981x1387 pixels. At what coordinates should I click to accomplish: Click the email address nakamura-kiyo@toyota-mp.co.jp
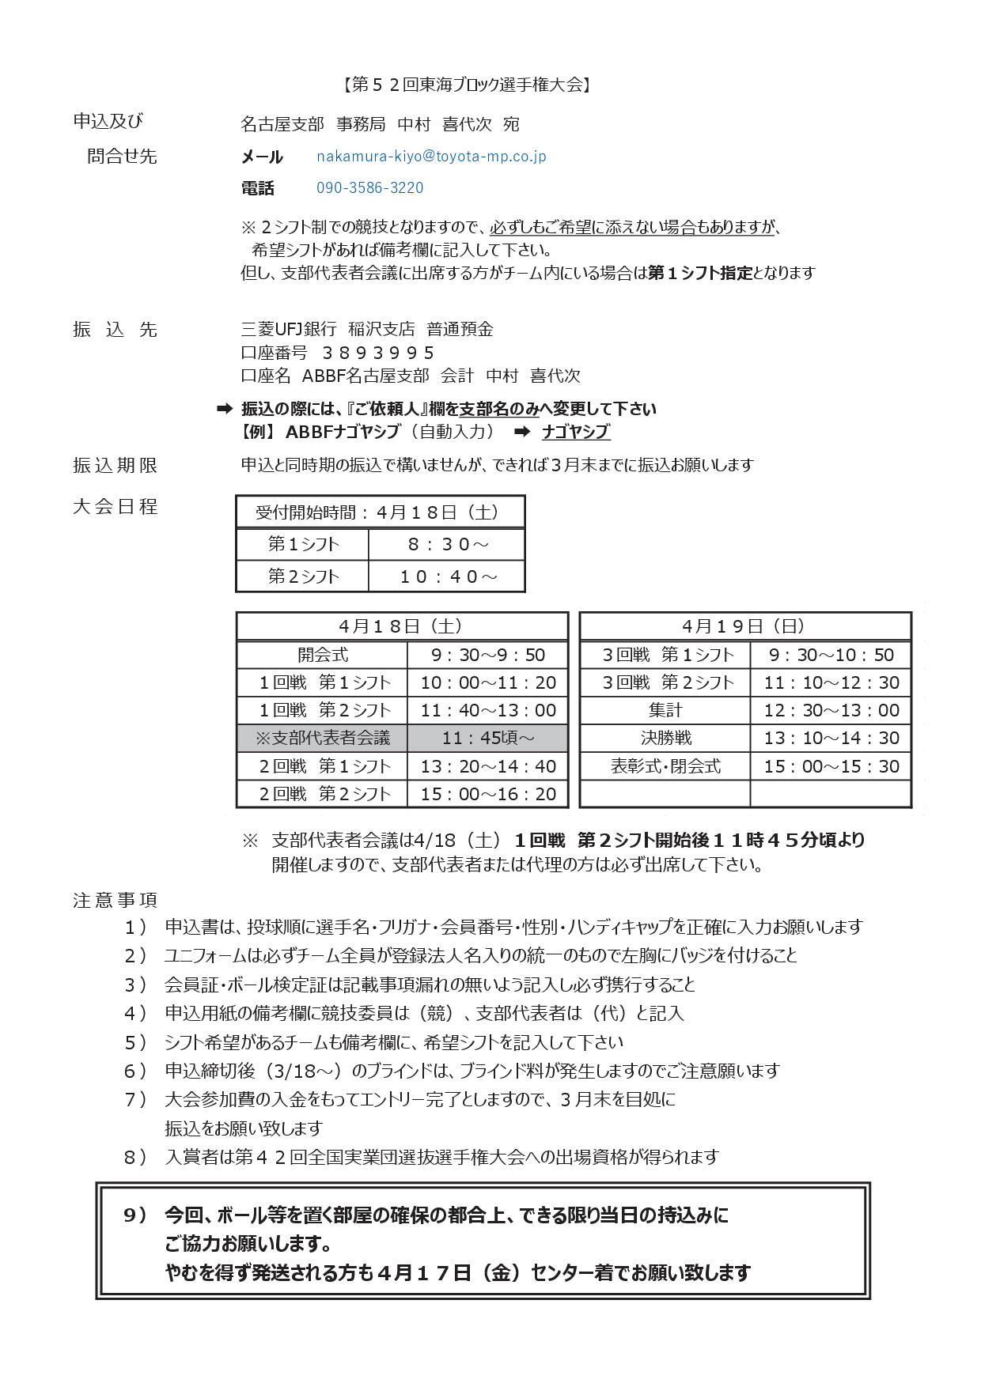click(431, 157)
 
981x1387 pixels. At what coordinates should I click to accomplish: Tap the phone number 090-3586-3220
click(369, 188)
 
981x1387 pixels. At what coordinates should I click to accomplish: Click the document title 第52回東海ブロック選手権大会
click(467, 85)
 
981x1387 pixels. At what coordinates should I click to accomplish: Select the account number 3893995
click(378, 353)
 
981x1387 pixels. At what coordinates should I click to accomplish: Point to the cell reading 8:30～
click(448, 544)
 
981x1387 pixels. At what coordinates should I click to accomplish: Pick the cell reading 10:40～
click(448, 576)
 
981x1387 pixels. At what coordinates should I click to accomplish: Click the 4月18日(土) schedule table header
click(401, 626)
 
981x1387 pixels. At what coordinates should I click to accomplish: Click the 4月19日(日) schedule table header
click(744, 626)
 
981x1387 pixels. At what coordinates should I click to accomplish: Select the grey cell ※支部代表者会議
click(322, 738)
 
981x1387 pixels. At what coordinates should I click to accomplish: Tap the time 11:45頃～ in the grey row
click(487, 738)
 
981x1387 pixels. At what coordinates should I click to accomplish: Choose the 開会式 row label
click(322, 655)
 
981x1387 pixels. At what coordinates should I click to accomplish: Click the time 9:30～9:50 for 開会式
click(487, 655)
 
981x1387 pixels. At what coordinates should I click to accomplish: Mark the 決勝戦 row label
click(665, 738)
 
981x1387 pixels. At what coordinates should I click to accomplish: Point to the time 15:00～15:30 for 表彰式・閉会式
click(831, 766)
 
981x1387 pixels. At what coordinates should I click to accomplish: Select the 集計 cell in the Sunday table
click(665, 710)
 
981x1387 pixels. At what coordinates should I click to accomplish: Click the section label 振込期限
click(116, 465)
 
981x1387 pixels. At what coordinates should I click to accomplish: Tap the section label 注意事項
click(116, 900)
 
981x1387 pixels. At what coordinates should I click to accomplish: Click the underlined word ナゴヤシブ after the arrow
click(576, 432)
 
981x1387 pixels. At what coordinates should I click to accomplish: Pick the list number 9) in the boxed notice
click(135, 1215)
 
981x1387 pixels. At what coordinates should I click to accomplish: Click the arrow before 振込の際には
click(225, 409)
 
